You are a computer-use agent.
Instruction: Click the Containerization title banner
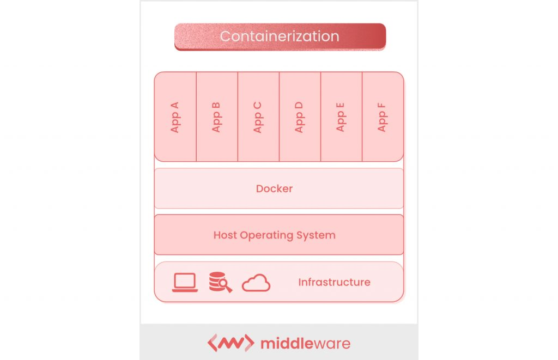point(280,36)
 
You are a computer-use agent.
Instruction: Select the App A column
point(175,117)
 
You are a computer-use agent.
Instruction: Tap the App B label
point(217,117)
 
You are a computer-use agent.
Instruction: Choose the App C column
point(258,117)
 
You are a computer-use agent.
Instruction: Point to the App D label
point(299,117)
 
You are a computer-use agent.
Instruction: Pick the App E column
point(341,117)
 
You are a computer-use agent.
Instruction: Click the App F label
point(382,117)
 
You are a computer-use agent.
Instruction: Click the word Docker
point(275,188)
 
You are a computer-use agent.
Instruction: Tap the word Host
point(226,235)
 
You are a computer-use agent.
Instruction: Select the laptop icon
point(185,282)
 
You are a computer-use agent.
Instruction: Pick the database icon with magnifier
point(220,282)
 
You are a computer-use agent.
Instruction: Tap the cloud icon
point(256,283)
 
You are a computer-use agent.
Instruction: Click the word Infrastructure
point(334,282)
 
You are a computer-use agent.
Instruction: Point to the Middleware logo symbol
point(231,343)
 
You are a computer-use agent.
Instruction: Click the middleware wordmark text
point(305,344)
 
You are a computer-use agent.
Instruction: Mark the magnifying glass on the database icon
point(226,286)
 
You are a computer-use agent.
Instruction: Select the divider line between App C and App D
point(279,117)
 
